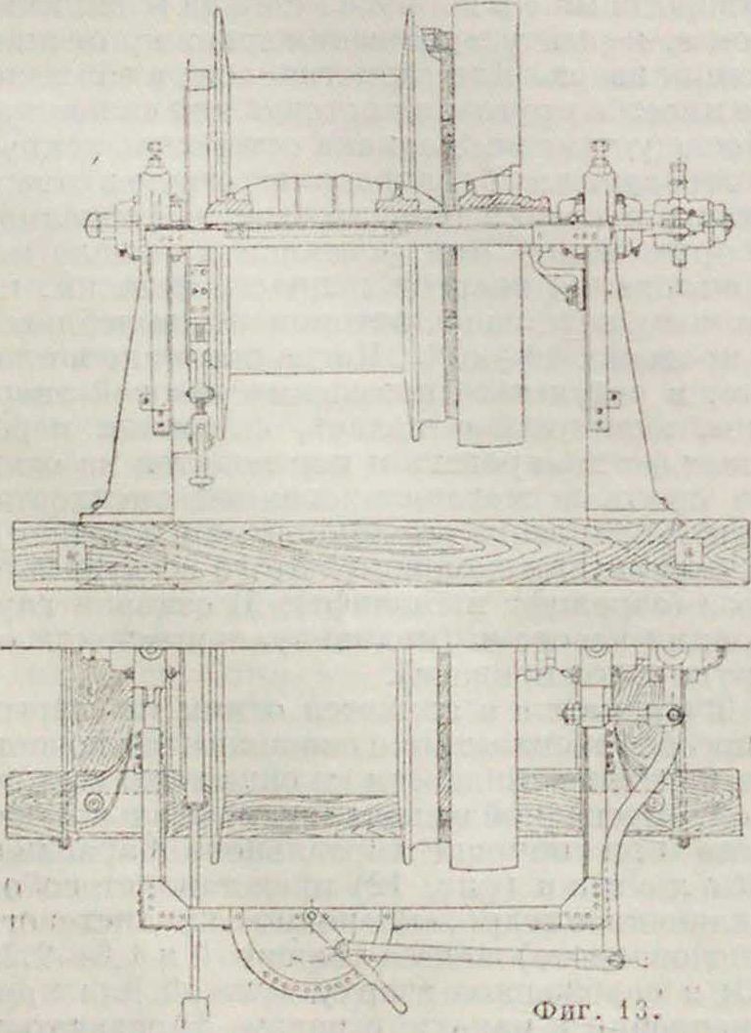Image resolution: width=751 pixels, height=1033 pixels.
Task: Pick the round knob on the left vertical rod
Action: point(204,395)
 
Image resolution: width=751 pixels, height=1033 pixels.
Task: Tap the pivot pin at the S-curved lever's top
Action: point(672,719)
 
